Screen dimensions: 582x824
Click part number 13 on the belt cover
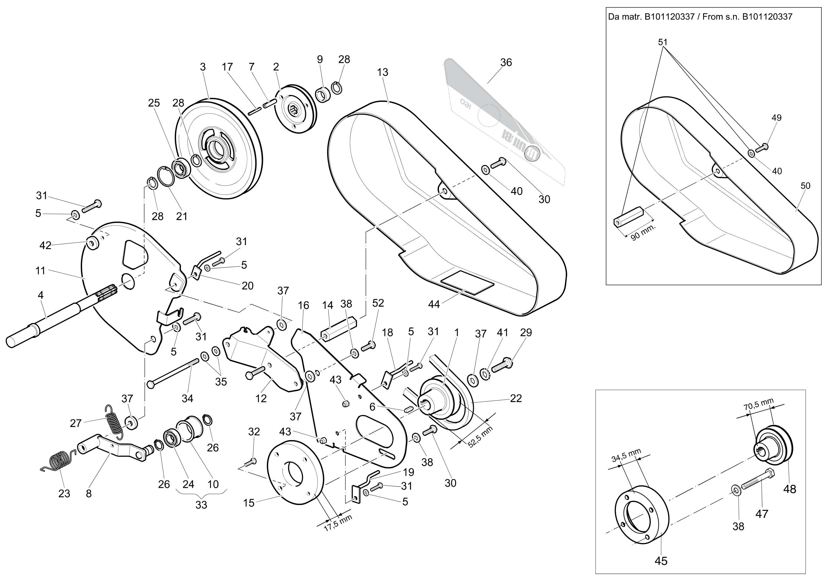click(x=383, y=72)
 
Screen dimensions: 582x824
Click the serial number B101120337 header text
click(x=700, y=17)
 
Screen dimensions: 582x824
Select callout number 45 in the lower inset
click(x=661, y=561)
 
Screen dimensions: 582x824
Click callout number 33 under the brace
click(x=201, y=505)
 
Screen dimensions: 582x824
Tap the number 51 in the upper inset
click(x=663, y=42)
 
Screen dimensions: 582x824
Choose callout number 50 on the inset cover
click(x=805, y=186)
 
